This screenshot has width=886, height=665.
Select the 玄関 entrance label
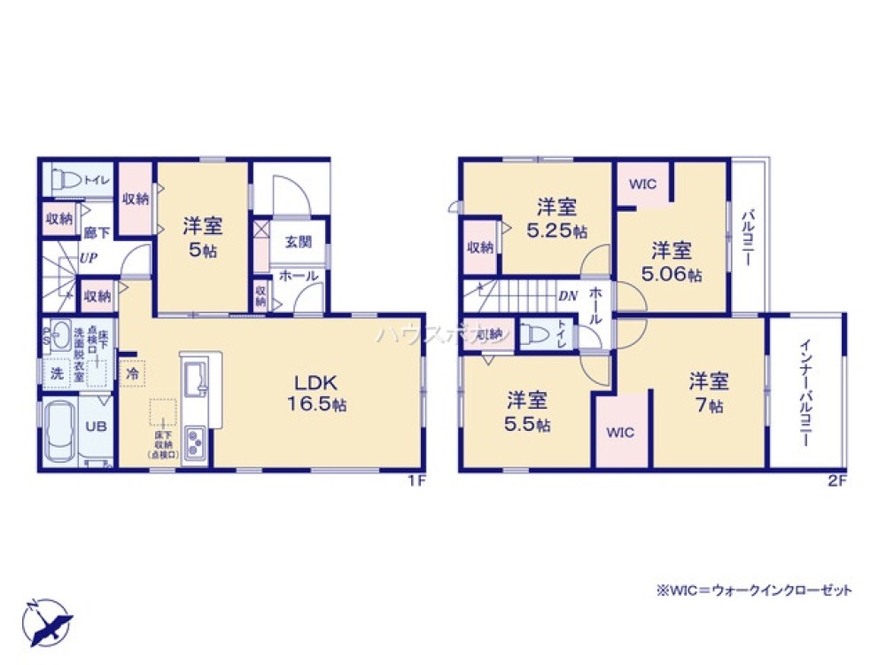point(297,240)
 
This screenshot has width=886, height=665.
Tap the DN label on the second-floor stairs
point(567,297)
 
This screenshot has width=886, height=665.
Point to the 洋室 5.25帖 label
point(557,218)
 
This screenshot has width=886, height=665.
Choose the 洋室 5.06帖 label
point(672,262)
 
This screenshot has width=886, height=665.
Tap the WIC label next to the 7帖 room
point(620,433)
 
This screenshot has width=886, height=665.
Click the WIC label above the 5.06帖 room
point(642,184)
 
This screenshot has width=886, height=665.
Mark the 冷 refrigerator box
point(131,373)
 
